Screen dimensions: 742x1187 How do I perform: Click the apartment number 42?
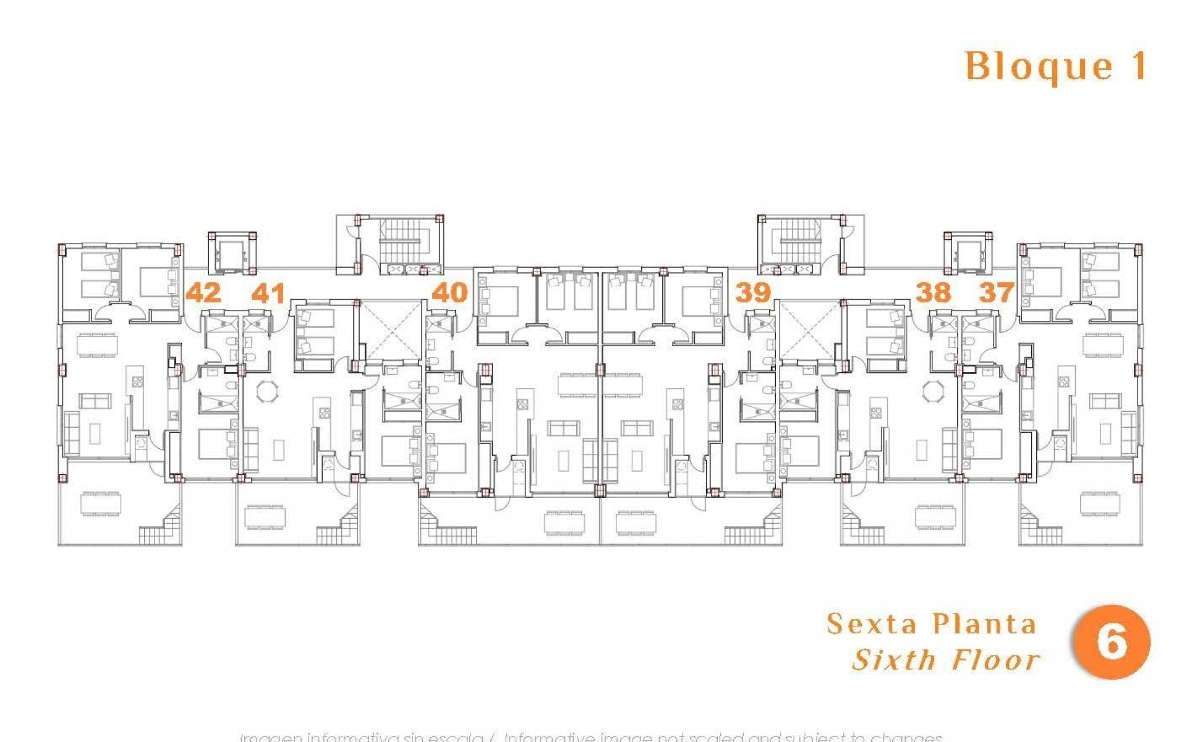click(x=203, y=292)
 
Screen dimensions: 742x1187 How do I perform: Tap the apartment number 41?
click(x=268, y=292)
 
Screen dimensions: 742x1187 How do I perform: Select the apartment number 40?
click(x=449, y=292)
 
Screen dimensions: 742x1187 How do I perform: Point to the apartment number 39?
click(x=753, y=292)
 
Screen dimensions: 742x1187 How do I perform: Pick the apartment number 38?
click(x=933, y=292)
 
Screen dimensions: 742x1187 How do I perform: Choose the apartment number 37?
click(x=997, y=292)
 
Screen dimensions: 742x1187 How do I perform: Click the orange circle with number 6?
click(x=1112, y=642)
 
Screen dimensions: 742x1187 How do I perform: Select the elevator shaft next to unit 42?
click(x=233, y=253)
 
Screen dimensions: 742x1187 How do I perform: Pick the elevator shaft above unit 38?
click(x=968, y=253)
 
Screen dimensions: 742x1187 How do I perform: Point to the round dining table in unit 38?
click(x=931, y=391)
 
